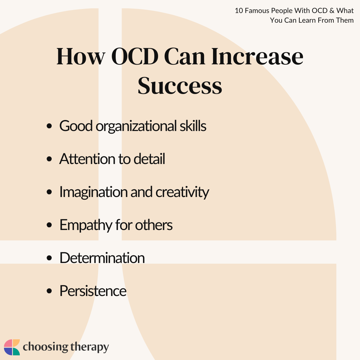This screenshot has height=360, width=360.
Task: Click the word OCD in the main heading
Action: click(x=135, y=56)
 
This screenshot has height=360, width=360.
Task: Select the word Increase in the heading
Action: click(x=257, y=56)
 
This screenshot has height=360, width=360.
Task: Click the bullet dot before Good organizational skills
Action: click(x=49, y=126)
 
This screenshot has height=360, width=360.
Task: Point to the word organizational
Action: click(x=136, y=127)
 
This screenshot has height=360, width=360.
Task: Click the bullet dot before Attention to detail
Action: click(x=49, y=159)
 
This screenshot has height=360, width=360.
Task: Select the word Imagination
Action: click(x=93, y=192)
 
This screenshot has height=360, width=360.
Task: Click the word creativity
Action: click(x=182, y=192)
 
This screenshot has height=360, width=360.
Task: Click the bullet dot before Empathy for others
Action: click(x=49, y=225)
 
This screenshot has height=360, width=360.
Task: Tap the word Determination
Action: click(x=102, y=258)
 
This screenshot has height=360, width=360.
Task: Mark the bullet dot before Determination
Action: click(x=49, y=258)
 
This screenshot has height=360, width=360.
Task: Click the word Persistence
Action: click(x=93, y=291)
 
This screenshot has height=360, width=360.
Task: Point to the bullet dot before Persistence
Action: click(x=49, y=291)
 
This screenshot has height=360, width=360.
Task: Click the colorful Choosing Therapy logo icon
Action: click(x=12, y=347)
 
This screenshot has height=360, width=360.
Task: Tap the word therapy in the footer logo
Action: click(x=90, y=347)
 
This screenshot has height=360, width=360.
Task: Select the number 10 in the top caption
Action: click(x=239, y=11)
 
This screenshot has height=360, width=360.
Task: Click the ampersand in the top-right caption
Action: click(x=332, y=11)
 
